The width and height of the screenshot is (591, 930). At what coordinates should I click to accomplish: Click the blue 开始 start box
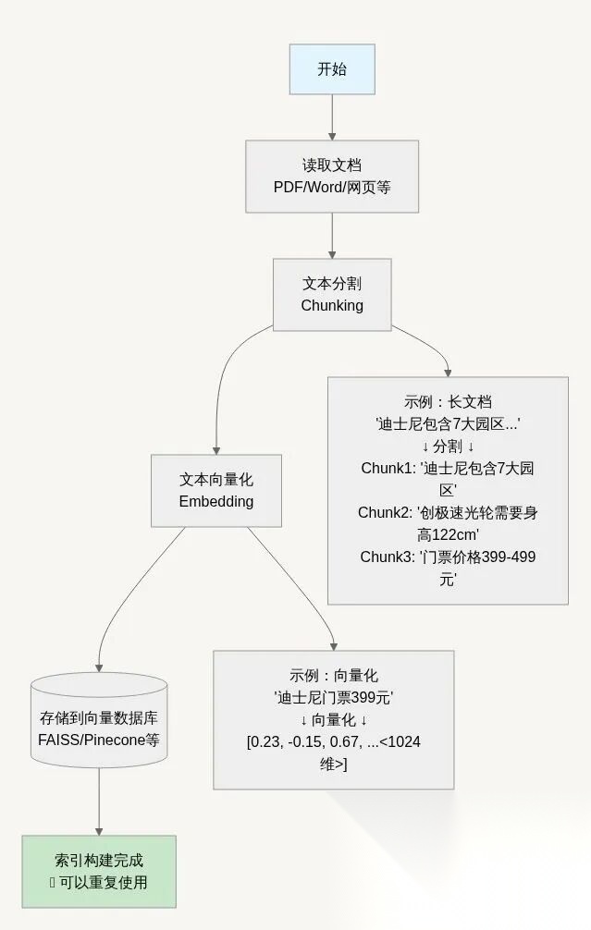pyautogui.click(x=332, y=69)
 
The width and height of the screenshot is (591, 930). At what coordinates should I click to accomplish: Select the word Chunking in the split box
pyautogui.click(x=332, y=305)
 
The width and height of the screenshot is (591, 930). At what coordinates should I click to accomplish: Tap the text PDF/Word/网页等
pyautogui.click(x=332, y=187)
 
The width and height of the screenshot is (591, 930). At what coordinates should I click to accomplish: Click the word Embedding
pyautogui.click(x=216, y=502)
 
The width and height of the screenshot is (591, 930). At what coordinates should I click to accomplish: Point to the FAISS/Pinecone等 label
pyautogui.click(x=99, y=740)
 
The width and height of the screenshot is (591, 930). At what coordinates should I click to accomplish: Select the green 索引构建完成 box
pyautogui.click(x=99, y=871)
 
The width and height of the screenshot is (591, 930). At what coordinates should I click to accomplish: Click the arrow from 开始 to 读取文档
pyautogui.click(x=332, y=116)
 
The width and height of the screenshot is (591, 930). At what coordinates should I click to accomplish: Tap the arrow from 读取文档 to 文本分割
pyautogui.click(x=332, y=235)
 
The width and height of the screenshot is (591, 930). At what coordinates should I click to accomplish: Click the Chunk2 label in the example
pyautogui.click(x=386, y=512)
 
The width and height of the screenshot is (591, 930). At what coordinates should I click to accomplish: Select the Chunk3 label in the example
pyautogui.click(x=388, y=557)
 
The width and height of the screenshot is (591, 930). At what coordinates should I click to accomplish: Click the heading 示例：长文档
pyautogui.click(x=448, y=402)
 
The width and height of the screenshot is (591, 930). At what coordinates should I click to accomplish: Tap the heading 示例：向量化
pyautogui.click(x=334, y=676)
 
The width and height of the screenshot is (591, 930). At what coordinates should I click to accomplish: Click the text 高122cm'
pyautogui.click(x=448, y=534)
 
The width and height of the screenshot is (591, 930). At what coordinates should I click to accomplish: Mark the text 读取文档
pyautogui.click(x=332, y=165)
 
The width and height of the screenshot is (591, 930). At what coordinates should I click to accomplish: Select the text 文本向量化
pyautogui.click(x=216, y=480)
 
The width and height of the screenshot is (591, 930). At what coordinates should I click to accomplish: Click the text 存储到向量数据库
pyautogui.click(x=99, y=718)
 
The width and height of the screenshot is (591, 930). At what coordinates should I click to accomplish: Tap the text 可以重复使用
pyautogui.click(x=104, y=882)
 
